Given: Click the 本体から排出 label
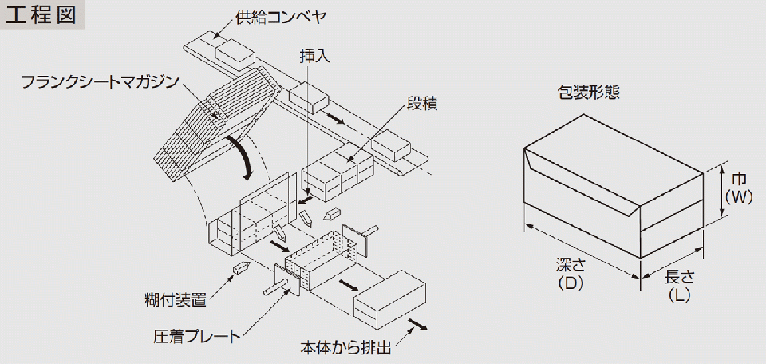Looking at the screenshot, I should point(346,348).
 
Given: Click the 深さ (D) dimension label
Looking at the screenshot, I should point(569,273).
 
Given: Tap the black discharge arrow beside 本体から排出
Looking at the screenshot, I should point(417,324).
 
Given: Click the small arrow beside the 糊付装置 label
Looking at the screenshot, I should point(239,268).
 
